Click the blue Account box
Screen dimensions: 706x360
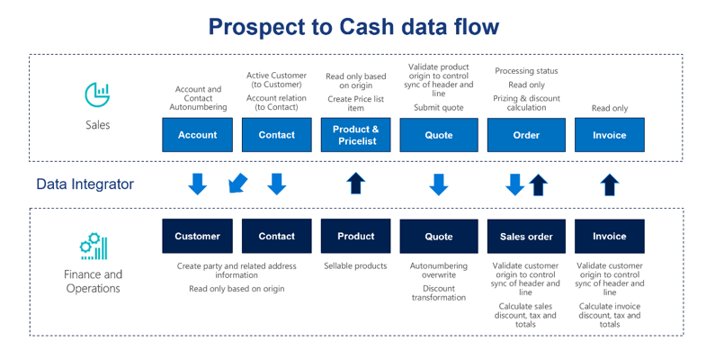point(197,135)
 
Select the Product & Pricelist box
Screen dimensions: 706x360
point(356,135)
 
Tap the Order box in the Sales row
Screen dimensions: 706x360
point(526,135)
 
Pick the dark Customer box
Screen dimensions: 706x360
point(197,236)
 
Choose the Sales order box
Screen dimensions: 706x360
point(526,236)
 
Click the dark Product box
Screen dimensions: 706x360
point(356,236)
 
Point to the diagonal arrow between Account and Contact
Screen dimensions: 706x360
point(237,183)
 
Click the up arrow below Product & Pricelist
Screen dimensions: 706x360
point(356,184)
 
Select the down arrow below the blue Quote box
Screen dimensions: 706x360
point(439,184)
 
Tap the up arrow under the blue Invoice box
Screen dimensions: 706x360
point(610,184)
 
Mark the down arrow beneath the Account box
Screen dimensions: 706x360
point(197,184)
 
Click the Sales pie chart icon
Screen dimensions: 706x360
point(97,94)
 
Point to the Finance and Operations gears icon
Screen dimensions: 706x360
point(94,247)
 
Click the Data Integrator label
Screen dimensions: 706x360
point(85,184)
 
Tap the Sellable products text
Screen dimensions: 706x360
point(356,265)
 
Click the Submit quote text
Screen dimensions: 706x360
point(439,108)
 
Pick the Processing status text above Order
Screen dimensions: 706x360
point(526,71)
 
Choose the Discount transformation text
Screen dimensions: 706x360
point(439,292)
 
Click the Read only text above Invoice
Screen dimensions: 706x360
point(610,108)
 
